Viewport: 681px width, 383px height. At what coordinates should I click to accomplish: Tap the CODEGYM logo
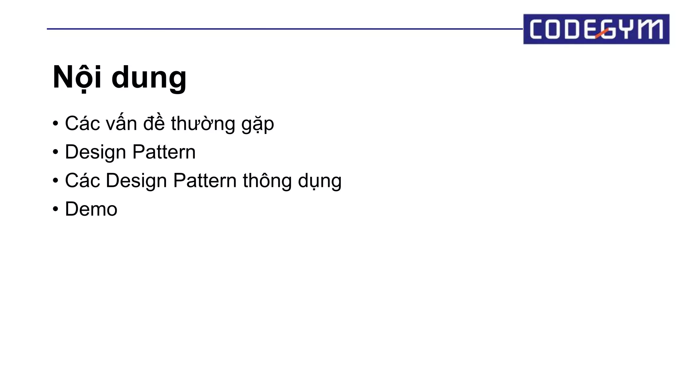[x=596, y=29]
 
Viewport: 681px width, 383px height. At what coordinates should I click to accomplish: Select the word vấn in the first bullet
[x=121, y=123]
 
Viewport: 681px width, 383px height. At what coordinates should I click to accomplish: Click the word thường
[x=203, y=123]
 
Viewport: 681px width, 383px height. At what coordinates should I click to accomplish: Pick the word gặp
[x=258, y=125]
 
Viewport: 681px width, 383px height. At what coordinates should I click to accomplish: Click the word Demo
[x=91, y=209]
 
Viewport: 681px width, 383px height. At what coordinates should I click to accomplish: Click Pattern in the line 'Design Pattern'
[x=164, y=152]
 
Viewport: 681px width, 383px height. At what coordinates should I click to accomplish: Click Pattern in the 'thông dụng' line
[x=205, y=181]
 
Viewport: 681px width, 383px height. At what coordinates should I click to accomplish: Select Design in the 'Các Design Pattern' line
[x=136, y=181]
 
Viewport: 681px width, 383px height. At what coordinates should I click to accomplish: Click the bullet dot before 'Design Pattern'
[x=56, y=152]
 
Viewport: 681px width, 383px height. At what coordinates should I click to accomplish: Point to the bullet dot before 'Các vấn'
[x=56, y=124]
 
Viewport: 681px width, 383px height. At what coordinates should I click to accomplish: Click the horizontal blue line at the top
[x=283, y=29]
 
